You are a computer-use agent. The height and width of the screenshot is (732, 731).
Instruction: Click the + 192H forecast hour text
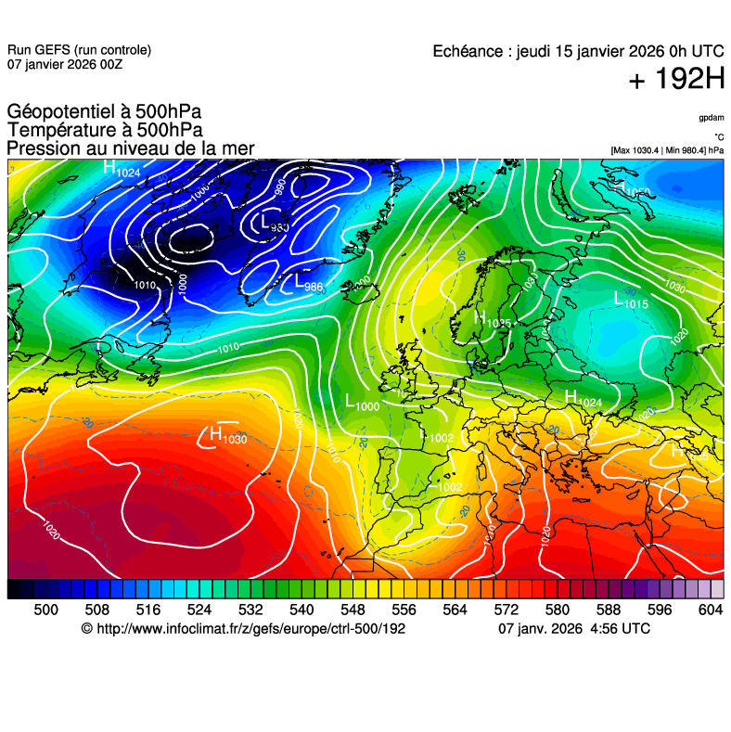point(676,80)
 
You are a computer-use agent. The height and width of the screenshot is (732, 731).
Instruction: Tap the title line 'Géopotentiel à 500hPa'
point(104,113)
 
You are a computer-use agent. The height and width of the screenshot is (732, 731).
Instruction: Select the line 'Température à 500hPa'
point(104,131)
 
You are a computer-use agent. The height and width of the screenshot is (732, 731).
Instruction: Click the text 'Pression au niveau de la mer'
point(130,148)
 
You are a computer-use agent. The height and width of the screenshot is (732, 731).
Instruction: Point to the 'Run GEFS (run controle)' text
point(79,50)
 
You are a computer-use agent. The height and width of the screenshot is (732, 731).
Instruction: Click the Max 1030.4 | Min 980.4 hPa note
point(667,150)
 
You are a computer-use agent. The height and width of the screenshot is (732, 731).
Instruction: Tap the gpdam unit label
point(712,119)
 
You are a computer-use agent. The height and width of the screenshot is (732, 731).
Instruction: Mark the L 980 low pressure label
point(274,223)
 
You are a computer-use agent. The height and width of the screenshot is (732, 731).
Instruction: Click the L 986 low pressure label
point(307,284)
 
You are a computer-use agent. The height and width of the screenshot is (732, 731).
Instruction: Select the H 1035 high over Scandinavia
point(492,319)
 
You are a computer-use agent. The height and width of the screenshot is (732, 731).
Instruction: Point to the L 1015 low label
point(630,300)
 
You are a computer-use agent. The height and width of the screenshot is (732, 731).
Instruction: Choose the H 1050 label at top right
point(632,190)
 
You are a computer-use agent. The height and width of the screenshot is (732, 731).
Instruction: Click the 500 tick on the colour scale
point(45,609)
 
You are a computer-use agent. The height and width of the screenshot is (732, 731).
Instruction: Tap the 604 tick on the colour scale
point(710,609)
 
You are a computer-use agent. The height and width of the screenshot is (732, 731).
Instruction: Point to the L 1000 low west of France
point(362,403)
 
